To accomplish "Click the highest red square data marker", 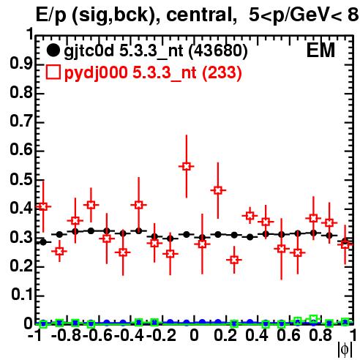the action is click(187, 167).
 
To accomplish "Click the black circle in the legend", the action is click(53, 50).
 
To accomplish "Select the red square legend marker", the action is click(53, 72).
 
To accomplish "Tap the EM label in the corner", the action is click(320, 50).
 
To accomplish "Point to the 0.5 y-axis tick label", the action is click(21, 179).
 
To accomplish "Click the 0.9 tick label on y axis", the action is click(21, 64).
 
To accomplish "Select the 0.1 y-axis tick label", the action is click(21, 295).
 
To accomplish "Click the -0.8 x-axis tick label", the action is click(66, 335).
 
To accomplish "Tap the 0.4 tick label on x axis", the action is click(257, 335).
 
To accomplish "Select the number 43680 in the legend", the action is click(218, 50).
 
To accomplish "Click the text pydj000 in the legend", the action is click(96, 73).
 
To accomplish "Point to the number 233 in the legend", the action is click(222, 72).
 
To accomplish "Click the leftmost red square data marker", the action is click(43, 206).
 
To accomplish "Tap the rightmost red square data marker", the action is click(345, 244).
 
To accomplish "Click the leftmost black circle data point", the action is click(43, 242).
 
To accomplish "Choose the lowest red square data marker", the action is click(234, 260).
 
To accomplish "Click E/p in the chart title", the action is click(51, 16).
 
